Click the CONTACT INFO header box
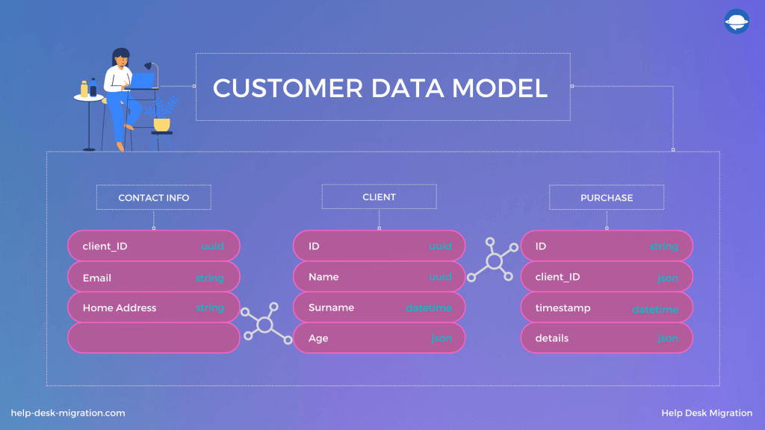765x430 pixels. [153, 198]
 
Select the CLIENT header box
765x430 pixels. [379, 197]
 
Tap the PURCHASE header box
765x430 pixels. [607, 198]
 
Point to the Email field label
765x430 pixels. [97, 278]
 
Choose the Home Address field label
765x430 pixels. [120, 308]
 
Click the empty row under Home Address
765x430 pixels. [153, 338]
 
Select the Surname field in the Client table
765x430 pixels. [332, 308]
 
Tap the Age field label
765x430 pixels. [318, 338]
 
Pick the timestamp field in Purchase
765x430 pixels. [563, 308]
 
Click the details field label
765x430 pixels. [552, 338]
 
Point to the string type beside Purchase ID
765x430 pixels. [663, 246]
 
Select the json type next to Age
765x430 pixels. [441, 339]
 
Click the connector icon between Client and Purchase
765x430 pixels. [493, 261]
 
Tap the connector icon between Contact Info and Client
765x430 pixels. [265, 323]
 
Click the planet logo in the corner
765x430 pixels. [737, 22]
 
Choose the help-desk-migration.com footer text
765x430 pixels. [68, 413]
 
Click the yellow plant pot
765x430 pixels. [161, 124]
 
